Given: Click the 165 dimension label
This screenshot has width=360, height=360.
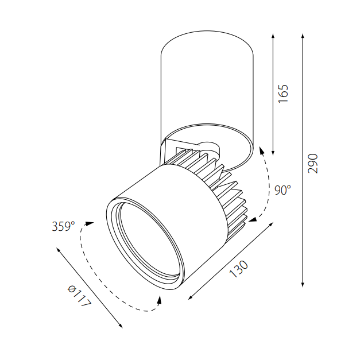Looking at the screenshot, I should click(282, 93).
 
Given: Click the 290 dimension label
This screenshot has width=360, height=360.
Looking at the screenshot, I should click(312, 164).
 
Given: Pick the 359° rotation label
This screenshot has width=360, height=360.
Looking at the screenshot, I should click(63, 226).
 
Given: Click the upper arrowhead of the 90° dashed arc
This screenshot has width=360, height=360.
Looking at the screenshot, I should click(261, 150).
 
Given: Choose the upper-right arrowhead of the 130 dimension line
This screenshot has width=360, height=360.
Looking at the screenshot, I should click(270, 226).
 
